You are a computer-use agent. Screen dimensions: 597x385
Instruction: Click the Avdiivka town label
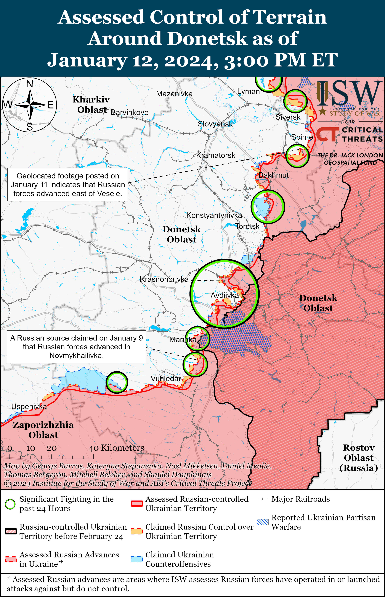tap(225, 295)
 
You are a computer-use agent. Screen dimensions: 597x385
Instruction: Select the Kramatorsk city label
tap(215, 155)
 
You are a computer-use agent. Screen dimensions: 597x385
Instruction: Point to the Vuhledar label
tap(166, 379)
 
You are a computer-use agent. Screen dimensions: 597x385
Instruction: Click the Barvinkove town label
tap(130, 113)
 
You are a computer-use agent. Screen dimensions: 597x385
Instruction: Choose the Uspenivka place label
tap(29, 407)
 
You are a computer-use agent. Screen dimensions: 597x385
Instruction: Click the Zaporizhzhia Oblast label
tap(43, 430)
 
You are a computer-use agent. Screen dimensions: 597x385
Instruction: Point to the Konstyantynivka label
tap(214, 215)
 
